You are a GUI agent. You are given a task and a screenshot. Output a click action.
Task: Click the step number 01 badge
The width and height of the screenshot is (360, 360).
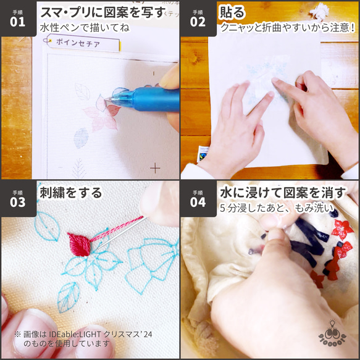(x=17, y=18)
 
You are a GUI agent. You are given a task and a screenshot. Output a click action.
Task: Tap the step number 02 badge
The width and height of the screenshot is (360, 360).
(x=198, y=18)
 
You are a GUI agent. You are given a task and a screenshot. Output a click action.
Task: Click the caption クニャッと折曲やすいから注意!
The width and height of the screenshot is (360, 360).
(x=288, y=28)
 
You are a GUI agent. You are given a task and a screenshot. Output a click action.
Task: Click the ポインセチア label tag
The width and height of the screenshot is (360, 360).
(x=78, y=43)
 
